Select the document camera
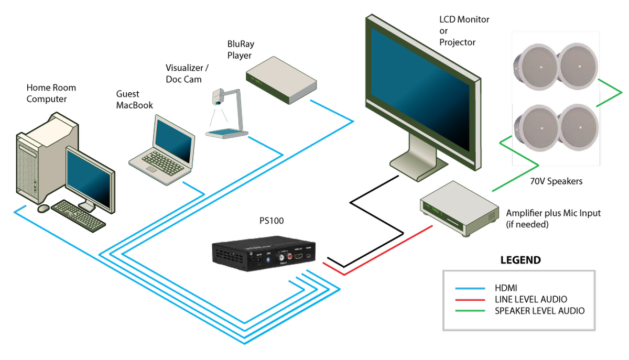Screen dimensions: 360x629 225,115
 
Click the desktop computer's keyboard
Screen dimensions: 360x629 79,214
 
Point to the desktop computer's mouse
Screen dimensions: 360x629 43,209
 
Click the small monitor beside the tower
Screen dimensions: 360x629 90,181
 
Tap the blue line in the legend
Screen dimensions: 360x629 470,288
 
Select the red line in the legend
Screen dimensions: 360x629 470,300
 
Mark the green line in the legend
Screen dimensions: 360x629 470,311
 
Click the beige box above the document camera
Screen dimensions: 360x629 281,80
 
